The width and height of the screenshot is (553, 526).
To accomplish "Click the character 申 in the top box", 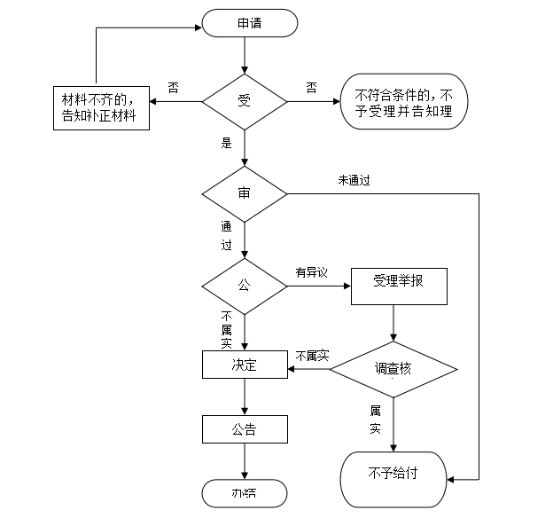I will pos(243,24).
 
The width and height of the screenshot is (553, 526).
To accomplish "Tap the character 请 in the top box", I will pos(256,24).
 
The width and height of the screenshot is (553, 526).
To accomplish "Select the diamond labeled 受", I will pos(245,101).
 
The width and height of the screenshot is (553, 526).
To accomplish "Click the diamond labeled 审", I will pos(245,193).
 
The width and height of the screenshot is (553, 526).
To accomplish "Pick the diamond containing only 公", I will pos(245,286).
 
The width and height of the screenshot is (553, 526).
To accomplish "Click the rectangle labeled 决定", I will pos(245,365).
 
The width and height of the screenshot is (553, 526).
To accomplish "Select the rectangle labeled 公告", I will pos(245,430).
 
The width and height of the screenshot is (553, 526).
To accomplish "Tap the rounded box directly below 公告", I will pos(245,493).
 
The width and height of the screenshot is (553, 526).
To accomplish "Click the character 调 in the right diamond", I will pos(380,368).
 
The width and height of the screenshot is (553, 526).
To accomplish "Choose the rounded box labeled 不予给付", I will pos(393,474).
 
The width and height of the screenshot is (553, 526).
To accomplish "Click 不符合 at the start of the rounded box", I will pos(372,95).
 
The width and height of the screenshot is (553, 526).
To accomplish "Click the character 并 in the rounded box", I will pos(404,112).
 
